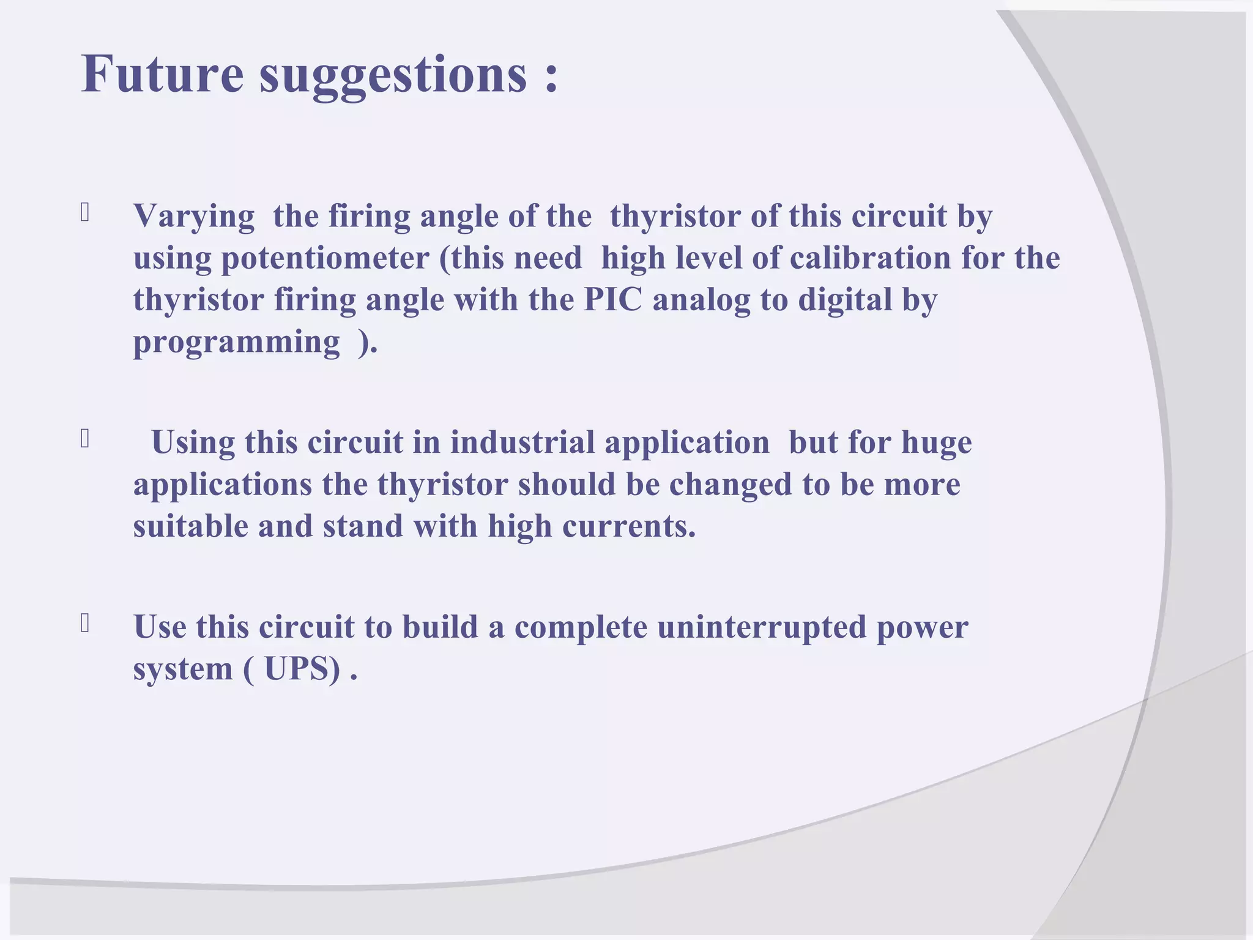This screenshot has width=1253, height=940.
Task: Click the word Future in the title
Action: pos(162,74)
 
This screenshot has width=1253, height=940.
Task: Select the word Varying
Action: pos(194,217)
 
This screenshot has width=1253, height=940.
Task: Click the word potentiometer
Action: pos(325,258)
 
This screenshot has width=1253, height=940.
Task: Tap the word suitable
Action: pos(190,526)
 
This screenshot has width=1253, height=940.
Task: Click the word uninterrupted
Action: pos(762,628)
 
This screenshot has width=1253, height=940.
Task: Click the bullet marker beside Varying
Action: pos(85,212)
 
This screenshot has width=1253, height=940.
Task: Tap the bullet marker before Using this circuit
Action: pos(85,439)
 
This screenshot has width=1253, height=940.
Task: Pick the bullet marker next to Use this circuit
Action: pos(85,624)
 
